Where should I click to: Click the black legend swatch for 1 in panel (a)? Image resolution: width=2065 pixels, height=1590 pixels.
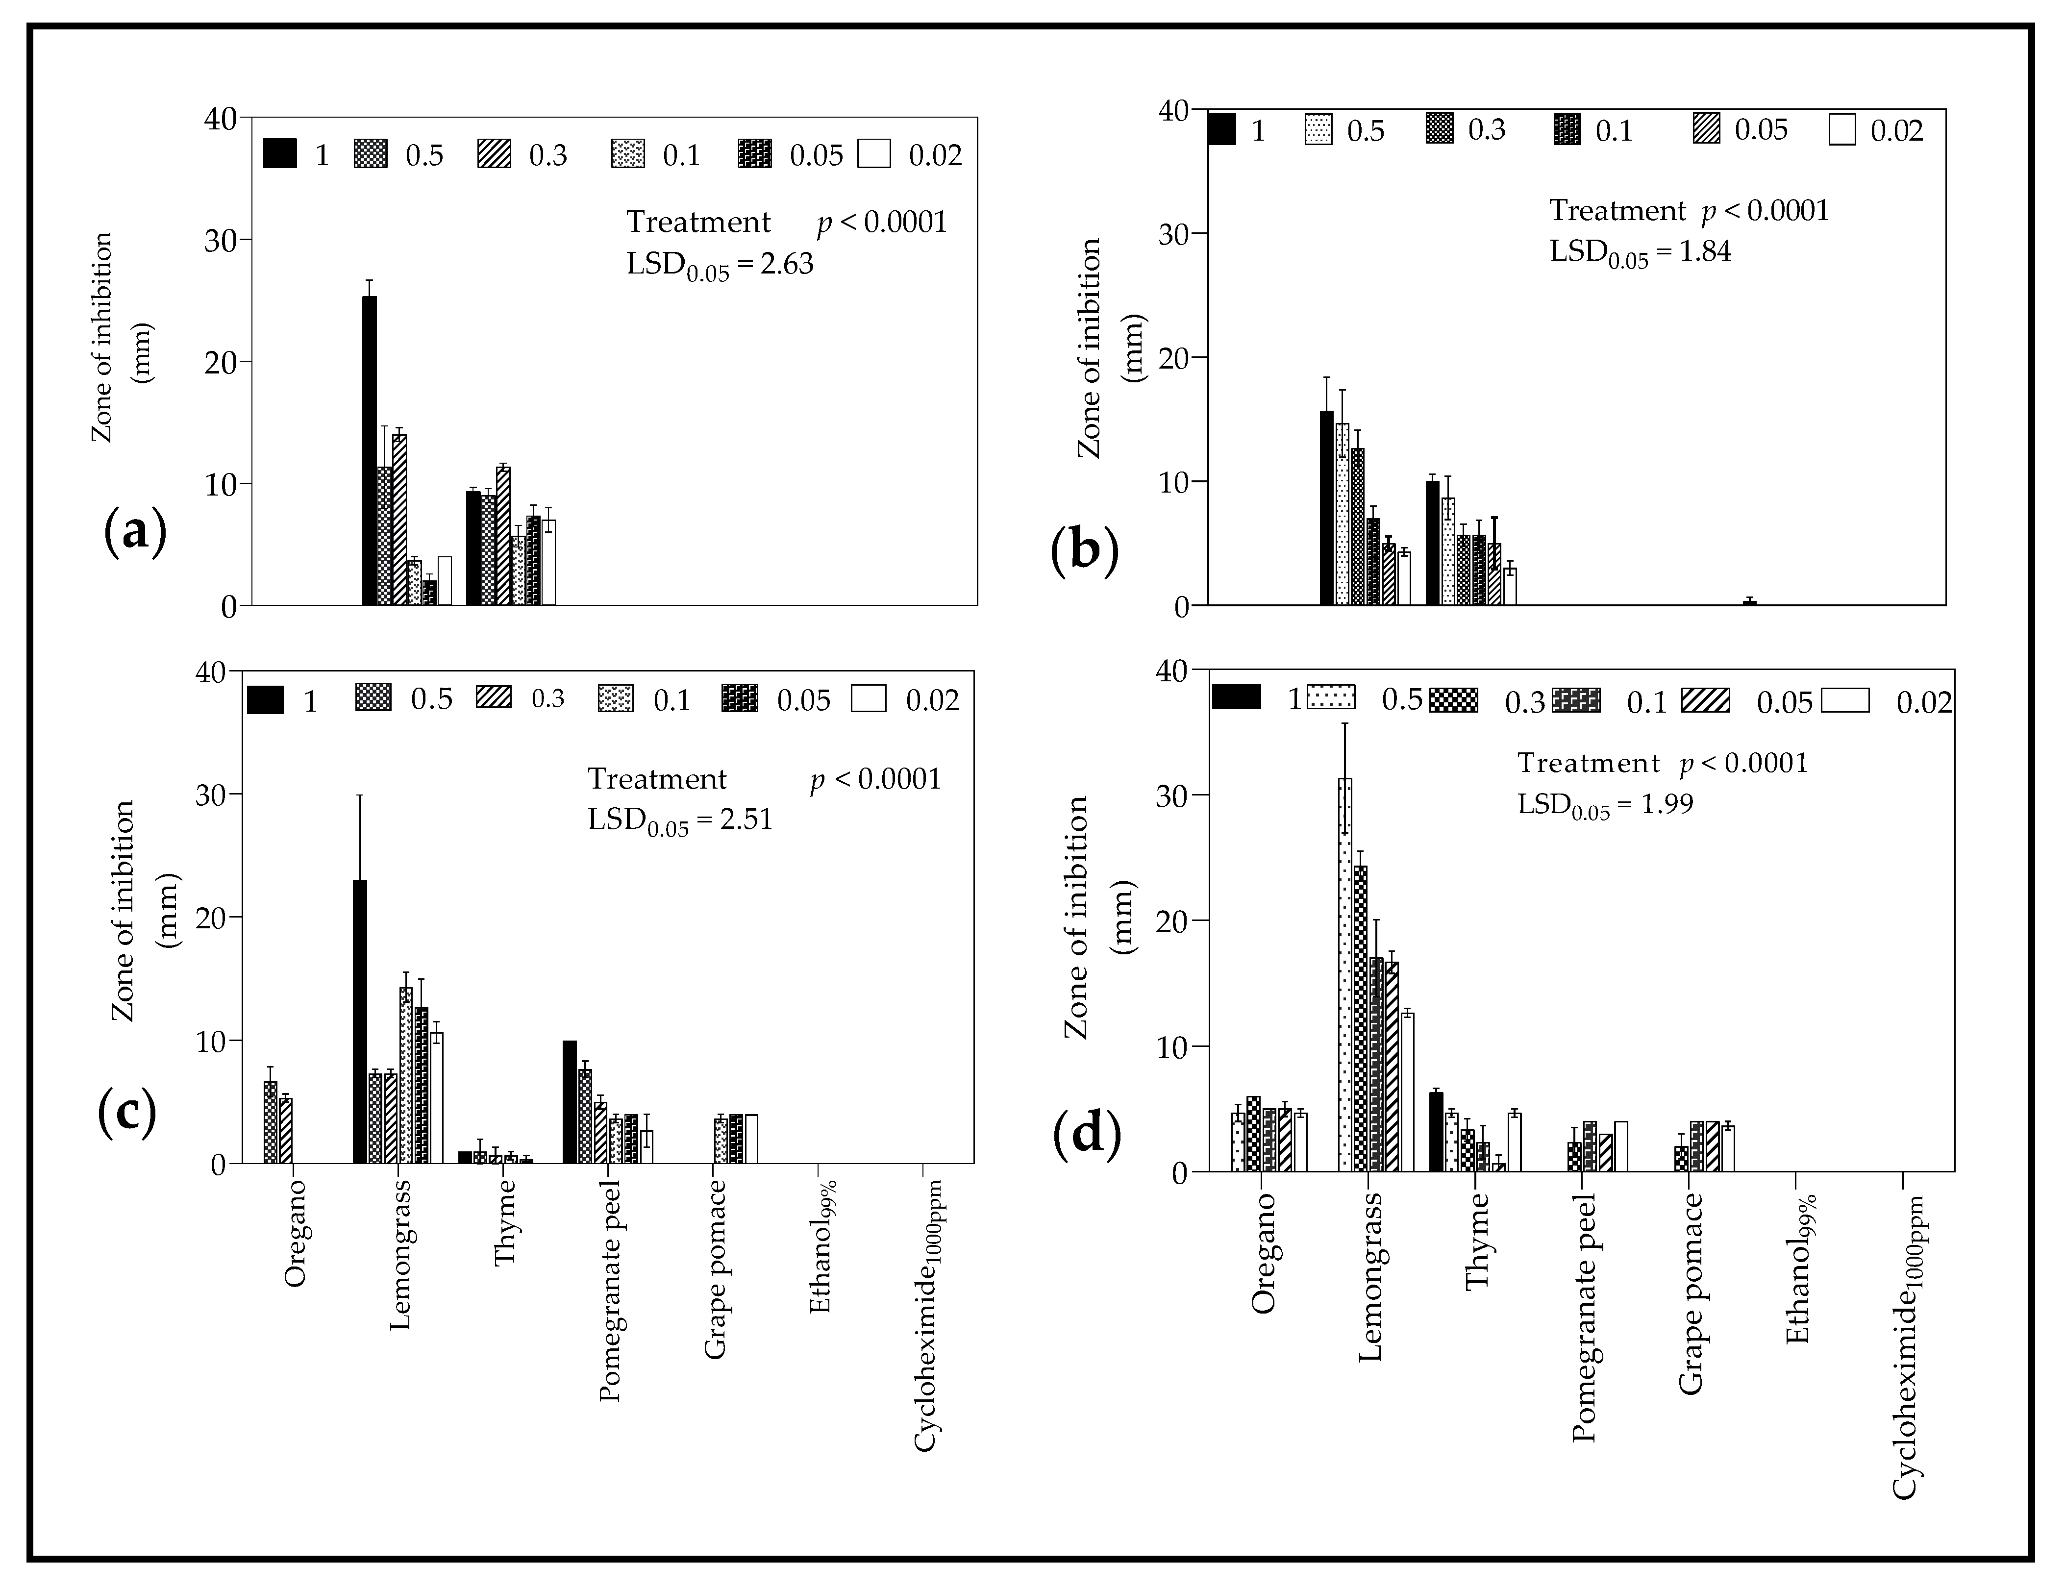click(x=280, y=153)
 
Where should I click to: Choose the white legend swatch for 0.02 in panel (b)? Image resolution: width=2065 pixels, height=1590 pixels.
click(x=1842, y=129)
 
